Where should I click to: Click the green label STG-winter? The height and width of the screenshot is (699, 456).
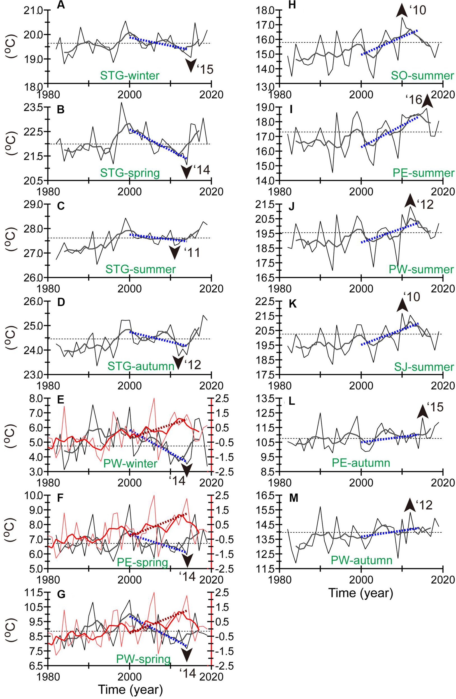click(x=130, y=75)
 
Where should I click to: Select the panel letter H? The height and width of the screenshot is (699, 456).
click(x=292, y=6)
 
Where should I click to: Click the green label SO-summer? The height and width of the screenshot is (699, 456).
click(x=422, y=75)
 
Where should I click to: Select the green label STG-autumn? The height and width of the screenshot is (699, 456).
click(x=141, y=366)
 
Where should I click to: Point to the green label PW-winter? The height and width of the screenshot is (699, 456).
click(x=130, y=464)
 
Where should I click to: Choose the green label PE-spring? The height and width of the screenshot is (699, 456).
click(x=142, y=561)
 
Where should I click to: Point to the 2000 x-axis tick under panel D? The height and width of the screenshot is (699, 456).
click(x=129, y=385)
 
